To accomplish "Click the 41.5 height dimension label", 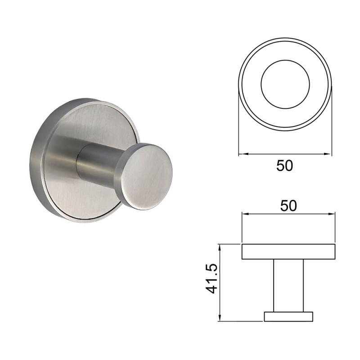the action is [x=211, y=279].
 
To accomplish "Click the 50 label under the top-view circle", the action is [x=284, y=166].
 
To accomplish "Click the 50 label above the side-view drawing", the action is [x=288, y=206].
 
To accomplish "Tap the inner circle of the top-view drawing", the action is [x=285, y=60].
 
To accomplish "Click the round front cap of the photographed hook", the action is [x=147, y=177].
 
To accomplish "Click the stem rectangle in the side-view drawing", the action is [x=288, y=285].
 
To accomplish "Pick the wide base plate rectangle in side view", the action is [x=288, y=252].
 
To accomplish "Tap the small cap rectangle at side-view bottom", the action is [x=288, y=316].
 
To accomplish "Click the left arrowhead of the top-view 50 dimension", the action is [x=243, y=154].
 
